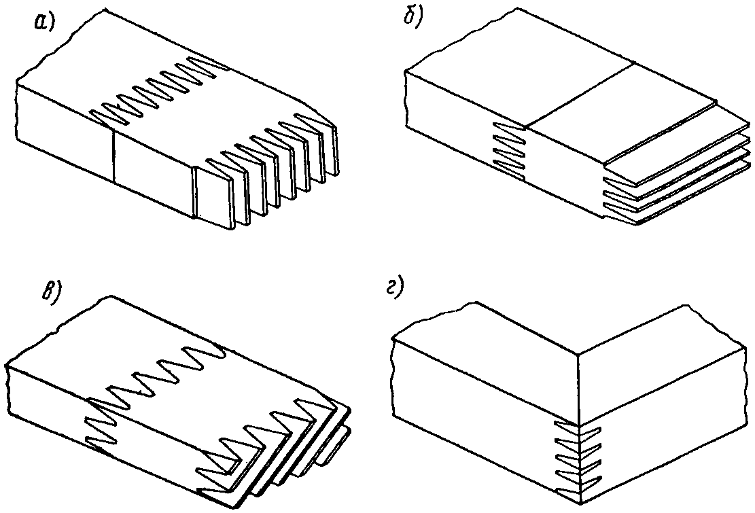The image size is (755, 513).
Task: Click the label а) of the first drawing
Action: tap(44, 22)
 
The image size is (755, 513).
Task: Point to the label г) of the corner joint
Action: tap(396, 289)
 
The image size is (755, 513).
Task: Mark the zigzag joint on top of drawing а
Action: tap(159, 91)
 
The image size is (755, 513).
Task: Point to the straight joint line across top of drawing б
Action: tap(581, 94)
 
